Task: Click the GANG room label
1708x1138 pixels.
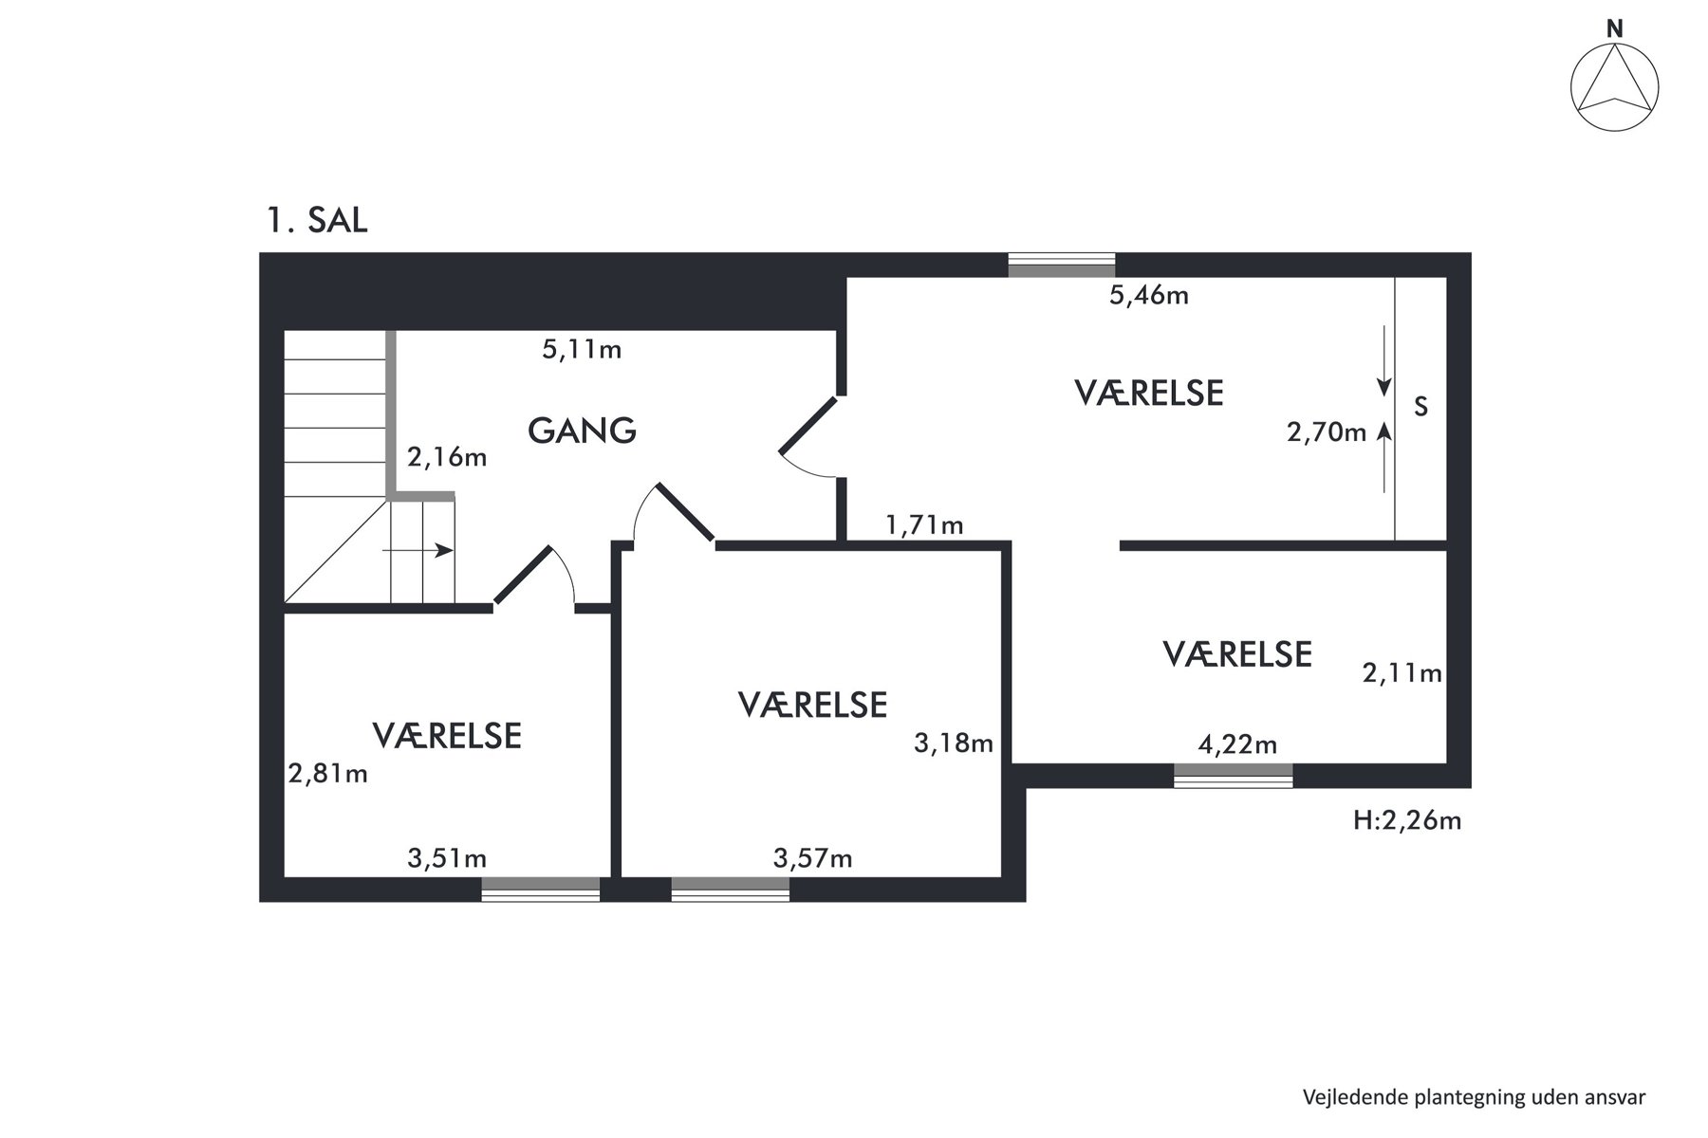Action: click(582, 431)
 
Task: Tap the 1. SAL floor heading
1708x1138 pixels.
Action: click(317, 221)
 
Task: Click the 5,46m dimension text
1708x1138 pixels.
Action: click(1149, 296)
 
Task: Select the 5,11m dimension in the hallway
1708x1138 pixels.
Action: click(582, 350)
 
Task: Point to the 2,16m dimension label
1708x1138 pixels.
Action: click(447, 458)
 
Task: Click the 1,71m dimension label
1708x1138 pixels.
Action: click(924, 524)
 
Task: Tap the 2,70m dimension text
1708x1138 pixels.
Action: click(1327, 432)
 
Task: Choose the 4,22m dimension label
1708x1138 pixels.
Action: click(1237, 744)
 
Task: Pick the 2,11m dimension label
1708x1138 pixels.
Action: click(1402, 673)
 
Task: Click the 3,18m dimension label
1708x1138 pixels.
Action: click(954, 743)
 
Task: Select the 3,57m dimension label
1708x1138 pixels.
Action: click(812, 859)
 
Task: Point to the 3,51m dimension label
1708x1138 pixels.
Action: click(447, 859)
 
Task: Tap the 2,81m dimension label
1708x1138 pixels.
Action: click(328, 775)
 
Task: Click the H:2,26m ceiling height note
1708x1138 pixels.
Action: click(1407, 820)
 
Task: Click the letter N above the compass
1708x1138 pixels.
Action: click(1614, 29)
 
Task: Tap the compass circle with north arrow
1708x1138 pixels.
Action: click(1614, 88)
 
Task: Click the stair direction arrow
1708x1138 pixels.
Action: click(418, 550)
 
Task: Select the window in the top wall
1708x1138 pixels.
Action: click(1061, 266)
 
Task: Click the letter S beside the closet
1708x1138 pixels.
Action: click(1420, 407)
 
